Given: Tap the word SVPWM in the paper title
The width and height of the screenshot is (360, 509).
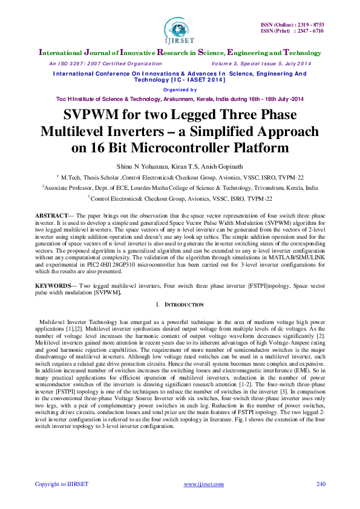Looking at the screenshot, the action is click(x=91, y=115).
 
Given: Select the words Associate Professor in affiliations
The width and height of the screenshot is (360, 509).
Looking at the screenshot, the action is click(x=70, y=188).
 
